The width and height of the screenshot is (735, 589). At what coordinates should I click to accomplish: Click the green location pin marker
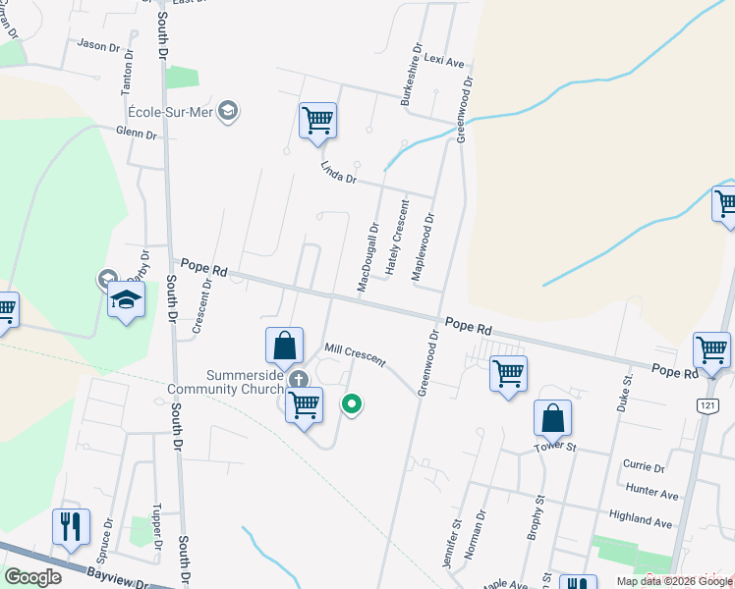click(351, 402)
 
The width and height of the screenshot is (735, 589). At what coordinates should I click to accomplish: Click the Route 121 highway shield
click(708, 404)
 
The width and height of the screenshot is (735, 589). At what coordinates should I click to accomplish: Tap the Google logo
click(32, 577)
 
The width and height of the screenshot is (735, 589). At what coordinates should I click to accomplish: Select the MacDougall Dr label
click(367, 258)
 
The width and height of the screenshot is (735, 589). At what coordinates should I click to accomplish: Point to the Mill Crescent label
click(355, 353)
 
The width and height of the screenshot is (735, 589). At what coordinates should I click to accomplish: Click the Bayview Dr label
click(116, 577)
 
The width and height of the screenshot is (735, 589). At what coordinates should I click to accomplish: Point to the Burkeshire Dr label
click(409, 75)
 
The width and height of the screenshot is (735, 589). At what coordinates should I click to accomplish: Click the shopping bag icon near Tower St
click(553, 417)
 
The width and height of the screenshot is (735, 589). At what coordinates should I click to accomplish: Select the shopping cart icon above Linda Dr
click(317, 122)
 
